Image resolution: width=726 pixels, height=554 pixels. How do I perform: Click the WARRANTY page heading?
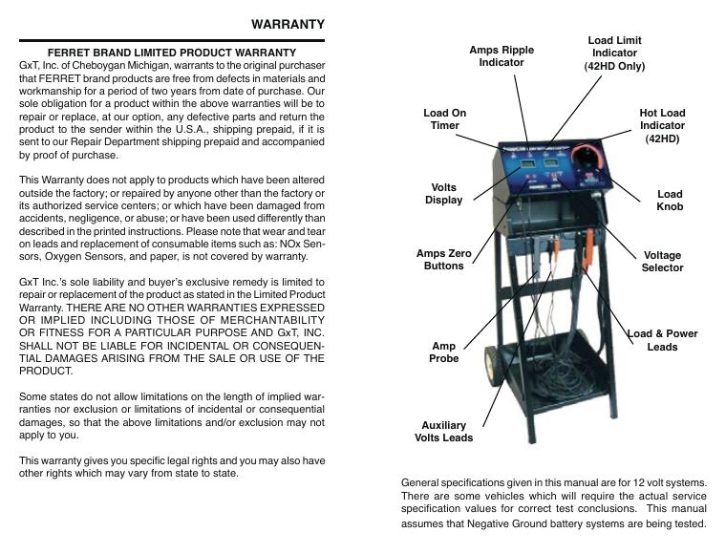288,24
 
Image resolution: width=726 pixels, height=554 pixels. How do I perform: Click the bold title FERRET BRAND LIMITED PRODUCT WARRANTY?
172,53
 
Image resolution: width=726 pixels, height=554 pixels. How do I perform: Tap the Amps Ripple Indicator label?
502,55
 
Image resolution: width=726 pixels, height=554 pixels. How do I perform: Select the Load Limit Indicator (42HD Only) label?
614,53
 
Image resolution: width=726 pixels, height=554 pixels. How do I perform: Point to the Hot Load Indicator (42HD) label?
662,125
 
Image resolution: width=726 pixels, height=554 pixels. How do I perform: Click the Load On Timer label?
444,118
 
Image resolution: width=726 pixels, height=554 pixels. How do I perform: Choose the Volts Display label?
443,194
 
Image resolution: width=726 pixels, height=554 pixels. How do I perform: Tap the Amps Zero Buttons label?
444,259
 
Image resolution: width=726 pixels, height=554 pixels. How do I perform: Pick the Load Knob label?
670,201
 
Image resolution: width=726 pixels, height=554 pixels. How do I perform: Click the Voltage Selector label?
662,262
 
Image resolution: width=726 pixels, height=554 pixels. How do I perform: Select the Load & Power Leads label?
662,340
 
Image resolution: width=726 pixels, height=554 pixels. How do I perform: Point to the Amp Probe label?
444,352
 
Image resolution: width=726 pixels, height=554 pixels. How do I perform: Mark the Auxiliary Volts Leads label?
443,432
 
